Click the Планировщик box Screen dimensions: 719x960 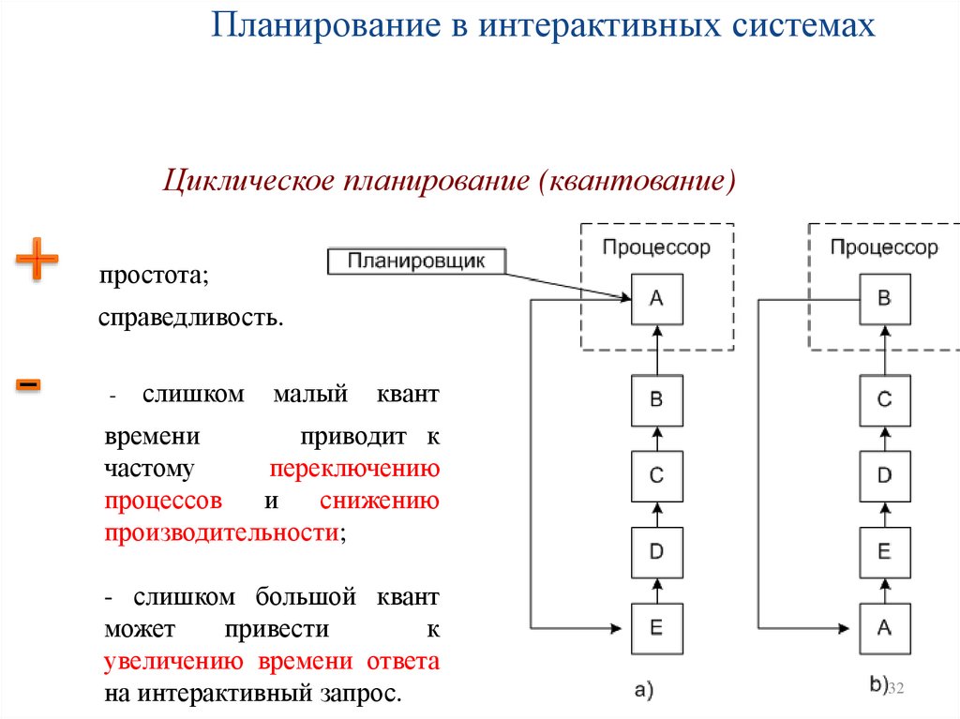coord(416,261)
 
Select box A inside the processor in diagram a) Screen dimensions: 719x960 coord(656,299)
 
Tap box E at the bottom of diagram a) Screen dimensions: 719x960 coord(656,628)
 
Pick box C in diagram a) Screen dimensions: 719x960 coord(656,476)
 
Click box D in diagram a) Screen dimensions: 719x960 coord(656,552)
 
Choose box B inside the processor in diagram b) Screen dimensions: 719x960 coord(884,299)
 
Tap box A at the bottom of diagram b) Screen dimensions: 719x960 coord(884,628)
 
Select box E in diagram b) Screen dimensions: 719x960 coord(884,552)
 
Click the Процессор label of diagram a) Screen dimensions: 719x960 coord(656,247)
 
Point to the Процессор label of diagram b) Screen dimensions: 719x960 coord(884,247)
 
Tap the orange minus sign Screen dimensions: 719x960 coord(28,384)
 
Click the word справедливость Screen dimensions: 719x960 coord(190,320)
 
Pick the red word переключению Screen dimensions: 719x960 coord(354,469)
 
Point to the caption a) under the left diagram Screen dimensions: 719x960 coord(643,691)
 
